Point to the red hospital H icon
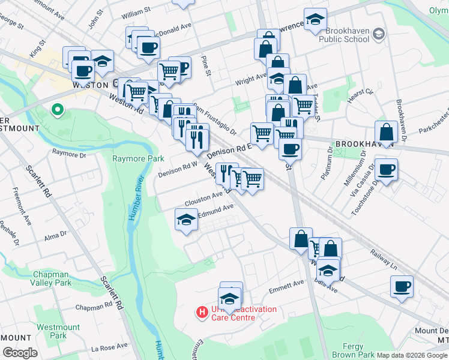(202, 313)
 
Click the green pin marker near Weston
(58, 110)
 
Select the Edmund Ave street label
(215, 209)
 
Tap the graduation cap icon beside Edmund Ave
(186, 220)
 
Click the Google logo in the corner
(20, 353)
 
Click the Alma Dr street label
(55, 237)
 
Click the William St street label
(135, 12)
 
